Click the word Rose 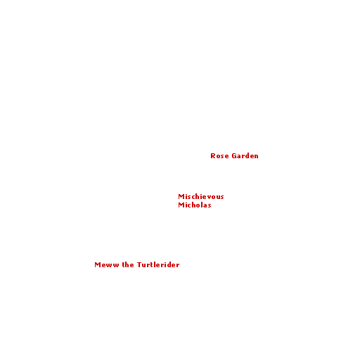click(219, 156)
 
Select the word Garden click(245, 155)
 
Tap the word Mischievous click(201, 196)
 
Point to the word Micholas click(195, 205)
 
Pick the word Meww click(107, 264)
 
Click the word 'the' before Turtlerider click(128, 264)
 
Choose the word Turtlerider click(158, 264)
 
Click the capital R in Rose click(213, 156)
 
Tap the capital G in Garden click(234, 156)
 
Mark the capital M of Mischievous click(181, 196)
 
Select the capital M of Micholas click(181, 205)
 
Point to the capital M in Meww click(98, 265)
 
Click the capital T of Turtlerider click(139, 264)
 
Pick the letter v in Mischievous click(210, 197)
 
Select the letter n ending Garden click(256, 156)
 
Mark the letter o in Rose click(218, 157)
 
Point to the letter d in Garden click(246, 155)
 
